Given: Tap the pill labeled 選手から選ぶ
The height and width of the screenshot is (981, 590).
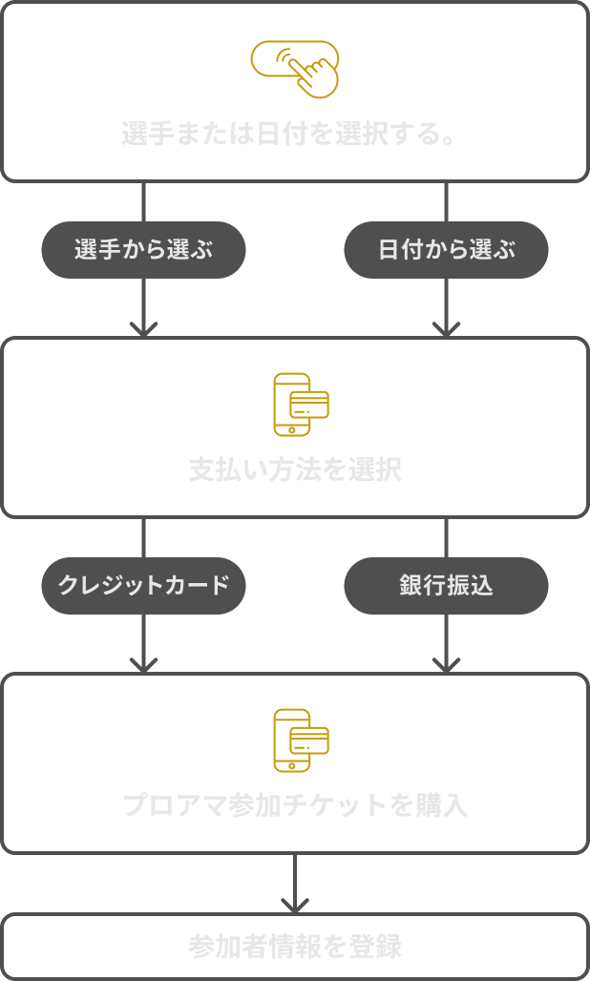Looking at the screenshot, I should tap(143, 250).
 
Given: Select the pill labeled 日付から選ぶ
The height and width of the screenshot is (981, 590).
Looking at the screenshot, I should tap(446, 250).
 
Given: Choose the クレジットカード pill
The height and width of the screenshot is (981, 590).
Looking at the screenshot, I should tap(143, 585).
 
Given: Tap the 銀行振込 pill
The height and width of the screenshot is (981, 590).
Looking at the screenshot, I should tap(446, 585).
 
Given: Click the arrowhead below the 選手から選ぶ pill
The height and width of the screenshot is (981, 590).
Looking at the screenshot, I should tap(143, 329).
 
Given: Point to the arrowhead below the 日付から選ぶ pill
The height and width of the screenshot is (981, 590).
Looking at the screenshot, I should tap(446, 329).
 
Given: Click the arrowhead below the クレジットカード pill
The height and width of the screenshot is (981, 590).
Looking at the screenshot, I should tap(143, 665).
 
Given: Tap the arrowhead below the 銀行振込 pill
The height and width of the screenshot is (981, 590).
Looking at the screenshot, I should tap(446, 665).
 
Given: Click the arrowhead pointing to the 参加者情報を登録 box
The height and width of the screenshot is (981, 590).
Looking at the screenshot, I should tap(295, 905).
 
